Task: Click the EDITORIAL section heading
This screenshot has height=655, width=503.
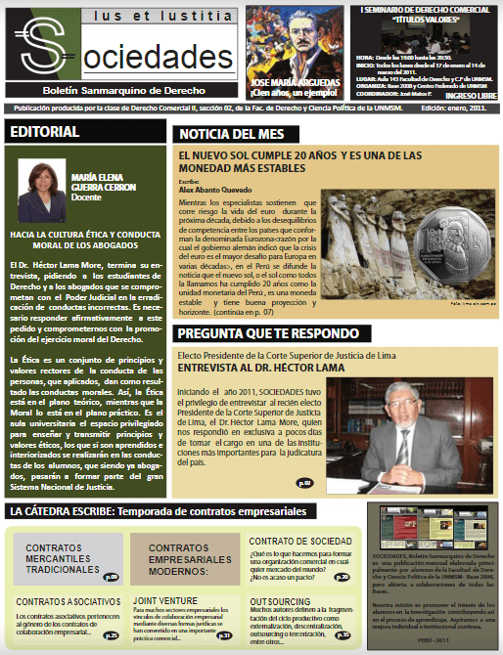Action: click(x=45, y=132)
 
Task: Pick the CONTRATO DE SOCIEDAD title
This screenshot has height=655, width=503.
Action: click(x=296, y=541)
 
